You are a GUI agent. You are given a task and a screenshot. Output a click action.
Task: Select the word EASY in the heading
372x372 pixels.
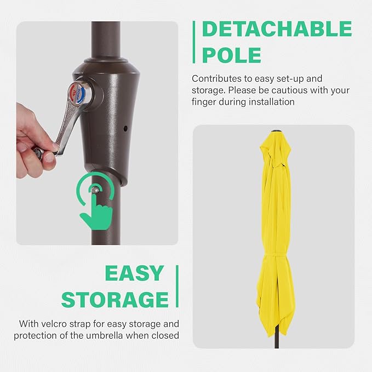click(134, 273)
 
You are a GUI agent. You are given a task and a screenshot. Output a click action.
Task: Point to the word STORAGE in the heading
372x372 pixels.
click(115, 300)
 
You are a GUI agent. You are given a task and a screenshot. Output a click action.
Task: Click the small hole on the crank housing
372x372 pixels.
click(125, 129)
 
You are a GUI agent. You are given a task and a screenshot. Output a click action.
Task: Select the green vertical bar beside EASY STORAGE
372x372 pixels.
click(176, 286)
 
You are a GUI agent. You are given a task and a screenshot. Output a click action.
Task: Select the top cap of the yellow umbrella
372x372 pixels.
click(274, 132)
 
